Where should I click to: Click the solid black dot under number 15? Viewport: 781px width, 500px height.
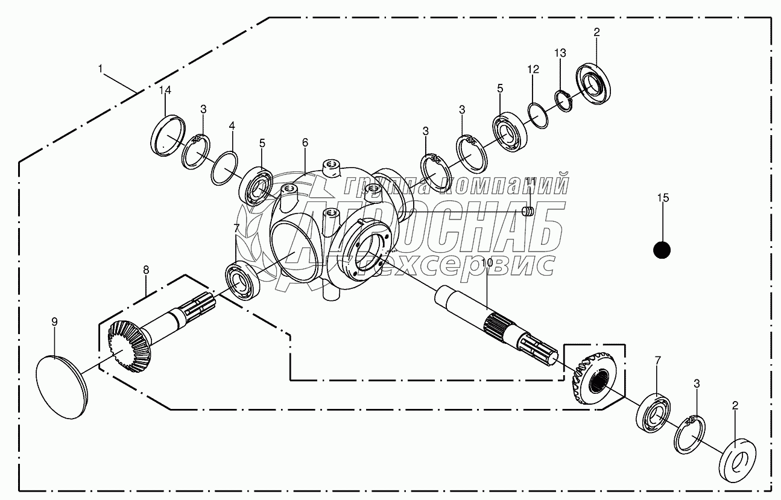click(662, 250)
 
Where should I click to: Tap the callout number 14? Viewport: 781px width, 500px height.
click(165, 90)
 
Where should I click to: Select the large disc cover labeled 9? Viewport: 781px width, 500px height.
click(62, 387)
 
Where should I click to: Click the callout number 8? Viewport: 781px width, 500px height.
click(146, 270)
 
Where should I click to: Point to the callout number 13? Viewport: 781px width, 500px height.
click(560, 53)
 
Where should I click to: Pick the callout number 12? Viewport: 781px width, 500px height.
click(533, 69)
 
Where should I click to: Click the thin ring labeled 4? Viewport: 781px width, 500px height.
click(224, 168)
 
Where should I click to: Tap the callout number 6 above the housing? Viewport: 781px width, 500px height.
click(305, 142)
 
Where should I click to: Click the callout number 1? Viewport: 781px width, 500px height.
click(100, 69)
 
